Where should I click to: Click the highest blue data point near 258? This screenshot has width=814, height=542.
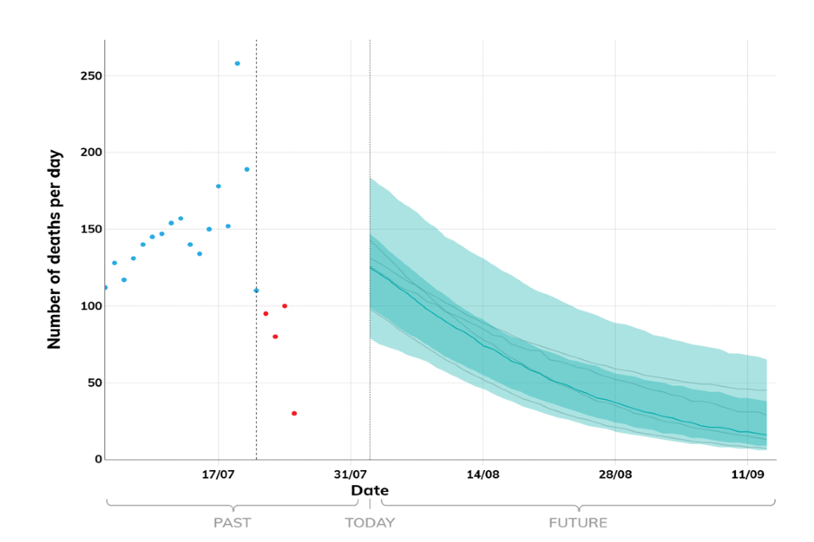(237, 64)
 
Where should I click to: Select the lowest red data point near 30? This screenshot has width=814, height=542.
(294, 413)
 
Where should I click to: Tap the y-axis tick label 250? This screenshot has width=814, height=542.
(91, 76)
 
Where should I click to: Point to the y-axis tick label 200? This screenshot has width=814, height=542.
(91, 152)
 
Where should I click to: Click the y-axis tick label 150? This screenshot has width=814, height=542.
(91, 230)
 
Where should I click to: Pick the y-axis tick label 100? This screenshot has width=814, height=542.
(91, 306)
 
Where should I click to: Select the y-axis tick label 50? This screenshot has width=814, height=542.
(94, 383)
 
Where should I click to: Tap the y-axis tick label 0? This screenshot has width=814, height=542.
(98, 459)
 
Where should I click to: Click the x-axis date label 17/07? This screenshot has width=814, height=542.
(218, 474)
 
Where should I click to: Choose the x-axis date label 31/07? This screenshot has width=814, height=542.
(350, 474)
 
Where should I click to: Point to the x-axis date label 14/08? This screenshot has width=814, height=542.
(482, 474)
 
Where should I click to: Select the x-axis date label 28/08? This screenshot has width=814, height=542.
(615, 474)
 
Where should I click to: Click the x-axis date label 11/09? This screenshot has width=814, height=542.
(747, 474)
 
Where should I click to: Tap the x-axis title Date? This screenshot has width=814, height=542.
(370, 490)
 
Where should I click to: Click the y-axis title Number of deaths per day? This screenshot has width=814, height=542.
(55, 250)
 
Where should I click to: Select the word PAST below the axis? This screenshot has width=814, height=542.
(231, 523)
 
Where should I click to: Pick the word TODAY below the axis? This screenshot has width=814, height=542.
(370, 523)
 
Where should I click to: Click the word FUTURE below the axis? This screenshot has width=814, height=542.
(578, 523)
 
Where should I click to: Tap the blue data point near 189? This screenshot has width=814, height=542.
(247, 169)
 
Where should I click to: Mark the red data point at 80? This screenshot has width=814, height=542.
(276, 336)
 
